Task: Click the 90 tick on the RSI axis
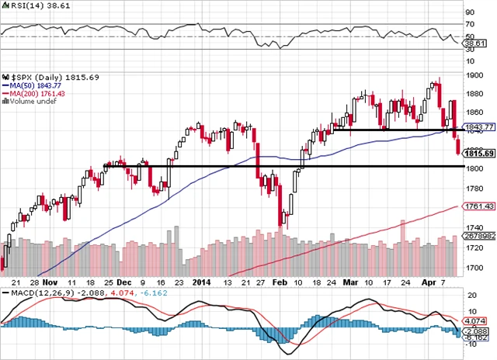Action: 469,12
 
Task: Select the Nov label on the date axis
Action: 51,284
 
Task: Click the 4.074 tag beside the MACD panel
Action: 477,320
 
